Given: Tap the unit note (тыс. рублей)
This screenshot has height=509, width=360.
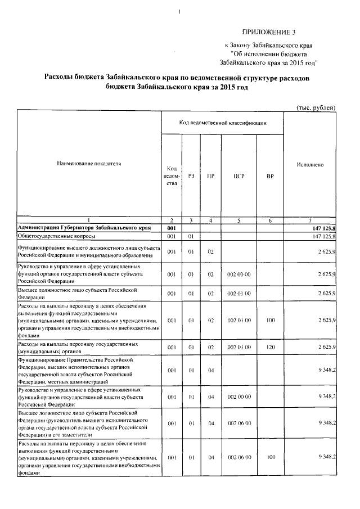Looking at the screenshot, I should [x=316, y=107].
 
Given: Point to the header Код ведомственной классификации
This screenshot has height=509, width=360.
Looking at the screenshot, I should [x=223, y=122].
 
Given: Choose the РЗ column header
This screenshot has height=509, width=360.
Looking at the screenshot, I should [x=191, y=176].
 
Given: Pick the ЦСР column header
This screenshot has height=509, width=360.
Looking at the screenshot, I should [x=238, y=176].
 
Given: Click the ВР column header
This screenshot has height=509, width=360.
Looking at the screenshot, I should [x=271, y=176].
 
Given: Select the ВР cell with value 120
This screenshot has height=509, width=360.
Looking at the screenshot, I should [x=271, y=347].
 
